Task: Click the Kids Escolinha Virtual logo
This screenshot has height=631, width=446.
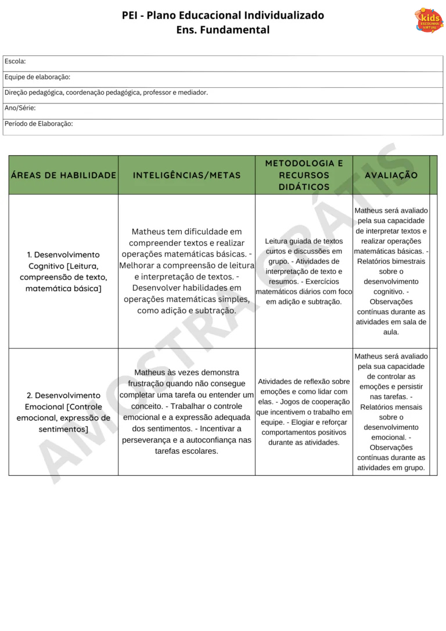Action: [429, 20]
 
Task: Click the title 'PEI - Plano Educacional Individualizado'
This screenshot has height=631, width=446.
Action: [223, 15]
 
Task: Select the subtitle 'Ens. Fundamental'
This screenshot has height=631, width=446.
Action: [223, 30]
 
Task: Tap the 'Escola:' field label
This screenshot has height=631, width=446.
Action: [15, 61]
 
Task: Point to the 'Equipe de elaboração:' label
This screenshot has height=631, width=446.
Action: [37, 77]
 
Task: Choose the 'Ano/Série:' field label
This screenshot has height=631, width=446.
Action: [20, 108]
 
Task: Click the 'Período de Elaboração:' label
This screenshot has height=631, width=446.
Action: [39, 124]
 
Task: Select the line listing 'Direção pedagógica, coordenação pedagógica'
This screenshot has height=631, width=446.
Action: [106, 92]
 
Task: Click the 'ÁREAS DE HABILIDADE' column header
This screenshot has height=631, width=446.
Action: [63, 175]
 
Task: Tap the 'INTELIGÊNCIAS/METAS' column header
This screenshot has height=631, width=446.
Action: [186, 175]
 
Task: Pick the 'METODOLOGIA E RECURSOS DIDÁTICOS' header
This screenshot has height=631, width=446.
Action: [304, 175]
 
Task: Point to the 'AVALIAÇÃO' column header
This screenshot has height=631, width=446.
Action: [391, 175]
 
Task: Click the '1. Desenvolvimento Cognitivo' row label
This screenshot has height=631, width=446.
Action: [63, 271]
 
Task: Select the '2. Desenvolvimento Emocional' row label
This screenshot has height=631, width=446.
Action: [63, 412]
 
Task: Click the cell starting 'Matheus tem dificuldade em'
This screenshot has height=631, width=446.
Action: [186, 271]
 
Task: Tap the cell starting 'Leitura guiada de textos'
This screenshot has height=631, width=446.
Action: [304, 271]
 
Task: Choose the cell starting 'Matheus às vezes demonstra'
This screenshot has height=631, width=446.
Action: [186, 411]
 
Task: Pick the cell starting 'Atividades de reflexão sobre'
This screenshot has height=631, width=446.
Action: [304, 412]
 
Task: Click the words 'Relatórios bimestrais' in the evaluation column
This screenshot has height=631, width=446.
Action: [391, 261]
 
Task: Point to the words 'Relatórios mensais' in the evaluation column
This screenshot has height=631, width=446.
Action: [391, 407]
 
